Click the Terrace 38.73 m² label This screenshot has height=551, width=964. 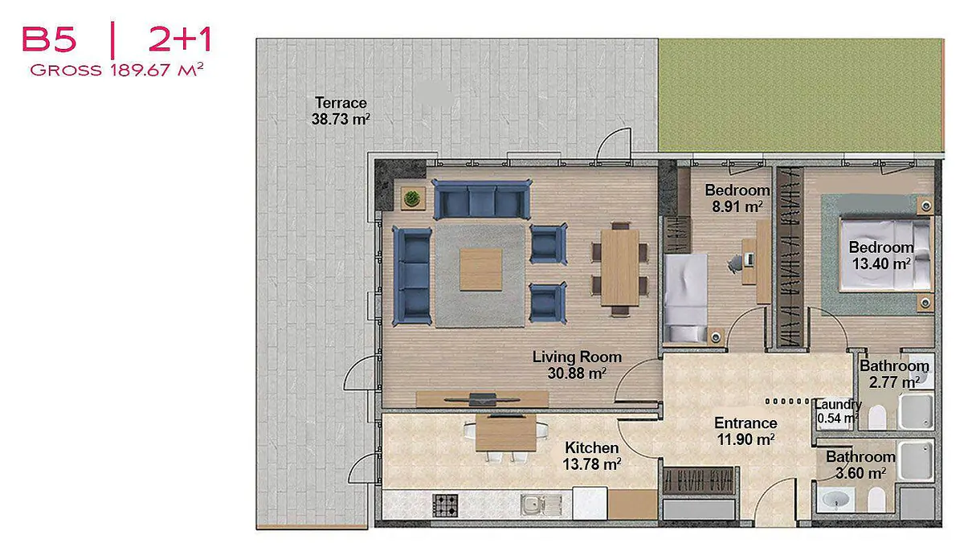point(341,111)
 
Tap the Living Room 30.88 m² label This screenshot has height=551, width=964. point(577,365)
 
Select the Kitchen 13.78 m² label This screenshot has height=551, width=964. point(592,455)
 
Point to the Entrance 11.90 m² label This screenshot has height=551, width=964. point(745,431)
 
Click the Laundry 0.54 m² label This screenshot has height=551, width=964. point(837,411)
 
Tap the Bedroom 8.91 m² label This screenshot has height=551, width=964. point(737,198)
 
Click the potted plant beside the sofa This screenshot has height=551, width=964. point(412,198)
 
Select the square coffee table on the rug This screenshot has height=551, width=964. point(480,270)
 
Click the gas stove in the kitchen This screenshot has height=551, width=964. point(445,505)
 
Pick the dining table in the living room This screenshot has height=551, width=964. point(619,267)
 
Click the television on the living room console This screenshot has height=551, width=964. point(482,399)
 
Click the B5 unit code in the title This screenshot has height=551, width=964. point(49,39)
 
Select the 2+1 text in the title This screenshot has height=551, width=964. point(180,39)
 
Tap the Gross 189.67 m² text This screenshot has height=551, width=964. point(116,70)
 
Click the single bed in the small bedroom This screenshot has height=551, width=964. point(685,299)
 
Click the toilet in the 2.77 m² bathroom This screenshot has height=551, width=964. point(876,417)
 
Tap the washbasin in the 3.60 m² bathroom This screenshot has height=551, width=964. point(835,500)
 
